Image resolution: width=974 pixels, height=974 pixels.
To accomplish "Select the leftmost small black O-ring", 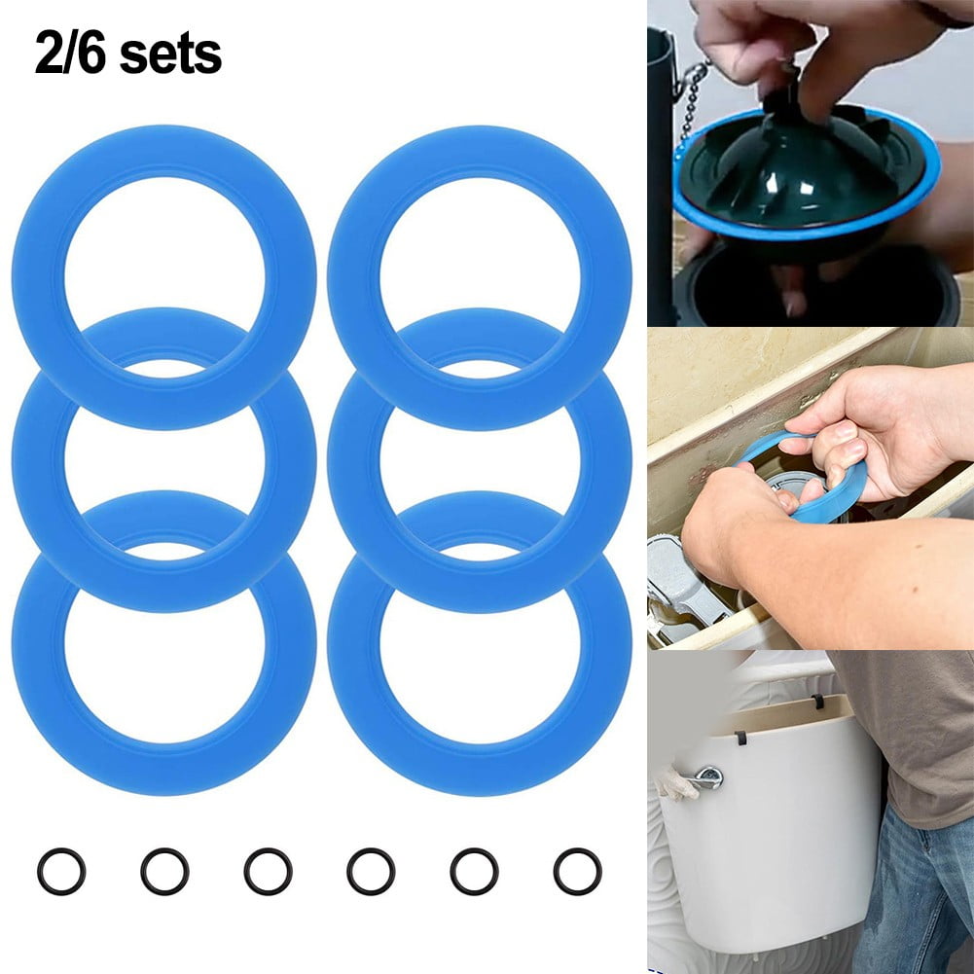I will [x=61, y=871].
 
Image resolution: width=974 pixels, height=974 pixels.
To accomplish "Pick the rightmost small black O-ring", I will [x=577, y=871].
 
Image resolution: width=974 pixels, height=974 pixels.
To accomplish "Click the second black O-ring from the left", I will [x=164, y=871].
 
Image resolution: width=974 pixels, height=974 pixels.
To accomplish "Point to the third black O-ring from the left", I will [x=268, y=871].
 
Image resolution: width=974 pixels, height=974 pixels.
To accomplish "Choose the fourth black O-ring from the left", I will [x=371, y=871].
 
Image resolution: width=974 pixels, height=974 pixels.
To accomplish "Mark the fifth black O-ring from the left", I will [x=474, y=871].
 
